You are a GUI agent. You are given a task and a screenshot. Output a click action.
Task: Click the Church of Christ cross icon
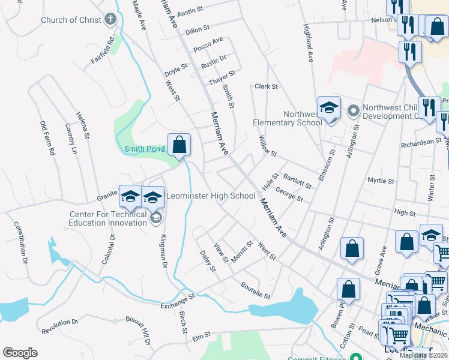pyautogui.click(x=110, y=20)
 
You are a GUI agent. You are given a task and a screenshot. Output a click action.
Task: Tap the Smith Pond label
pyautogui.click(x=144, y=149)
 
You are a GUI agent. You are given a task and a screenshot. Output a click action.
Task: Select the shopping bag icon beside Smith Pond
pyautogui.click(x=179, y=144)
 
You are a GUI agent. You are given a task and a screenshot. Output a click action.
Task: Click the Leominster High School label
pyautogui.click(x=211, y=196)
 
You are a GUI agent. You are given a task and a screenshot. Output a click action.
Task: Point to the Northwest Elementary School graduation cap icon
pyautogui.click(x=329, y=107)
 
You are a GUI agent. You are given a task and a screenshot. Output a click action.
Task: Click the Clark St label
pyautogui.click(x=267, y=86)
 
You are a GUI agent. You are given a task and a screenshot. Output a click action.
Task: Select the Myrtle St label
pyautogui.click(x=381, y=180)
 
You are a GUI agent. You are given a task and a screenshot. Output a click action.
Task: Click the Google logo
pyautogui.click(x=20, y=353)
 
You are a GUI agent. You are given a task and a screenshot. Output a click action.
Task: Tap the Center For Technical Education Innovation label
pyautogui.click(x=108, y=218)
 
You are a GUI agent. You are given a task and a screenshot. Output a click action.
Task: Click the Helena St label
pyautogui.click(x=83, y=125)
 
